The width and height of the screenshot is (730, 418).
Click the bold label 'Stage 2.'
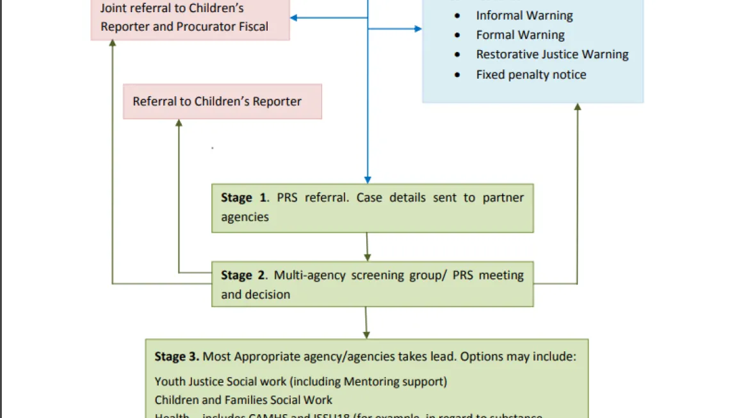(244, 275)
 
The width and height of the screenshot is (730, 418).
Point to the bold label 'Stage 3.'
(177, 356)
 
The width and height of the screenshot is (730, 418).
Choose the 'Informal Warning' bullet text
(524, 15)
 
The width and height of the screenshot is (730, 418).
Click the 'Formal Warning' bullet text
(520, 35)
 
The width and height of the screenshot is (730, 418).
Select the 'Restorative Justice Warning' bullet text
(552, 54)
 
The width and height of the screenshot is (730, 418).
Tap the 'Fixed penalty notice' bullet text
(531, 74)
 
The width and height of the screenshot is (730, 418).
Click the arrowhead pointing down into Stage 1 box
(368, 180)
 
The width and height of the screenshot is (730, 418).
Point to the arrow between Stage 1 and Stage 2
(367, 247)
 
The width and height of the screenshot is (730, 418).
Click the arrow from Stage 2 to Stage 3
(366, 323)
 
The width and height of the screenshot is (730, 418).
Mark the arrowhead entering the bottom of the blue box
(578, 108)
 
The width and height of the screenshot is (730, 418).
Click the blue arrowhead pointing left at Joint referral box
(295, 18)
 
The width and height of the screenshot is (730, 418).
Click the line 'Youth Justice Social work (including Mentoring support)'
(300, 381)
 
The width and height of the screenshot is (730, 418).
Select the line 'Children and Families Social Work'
(243, 400)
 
